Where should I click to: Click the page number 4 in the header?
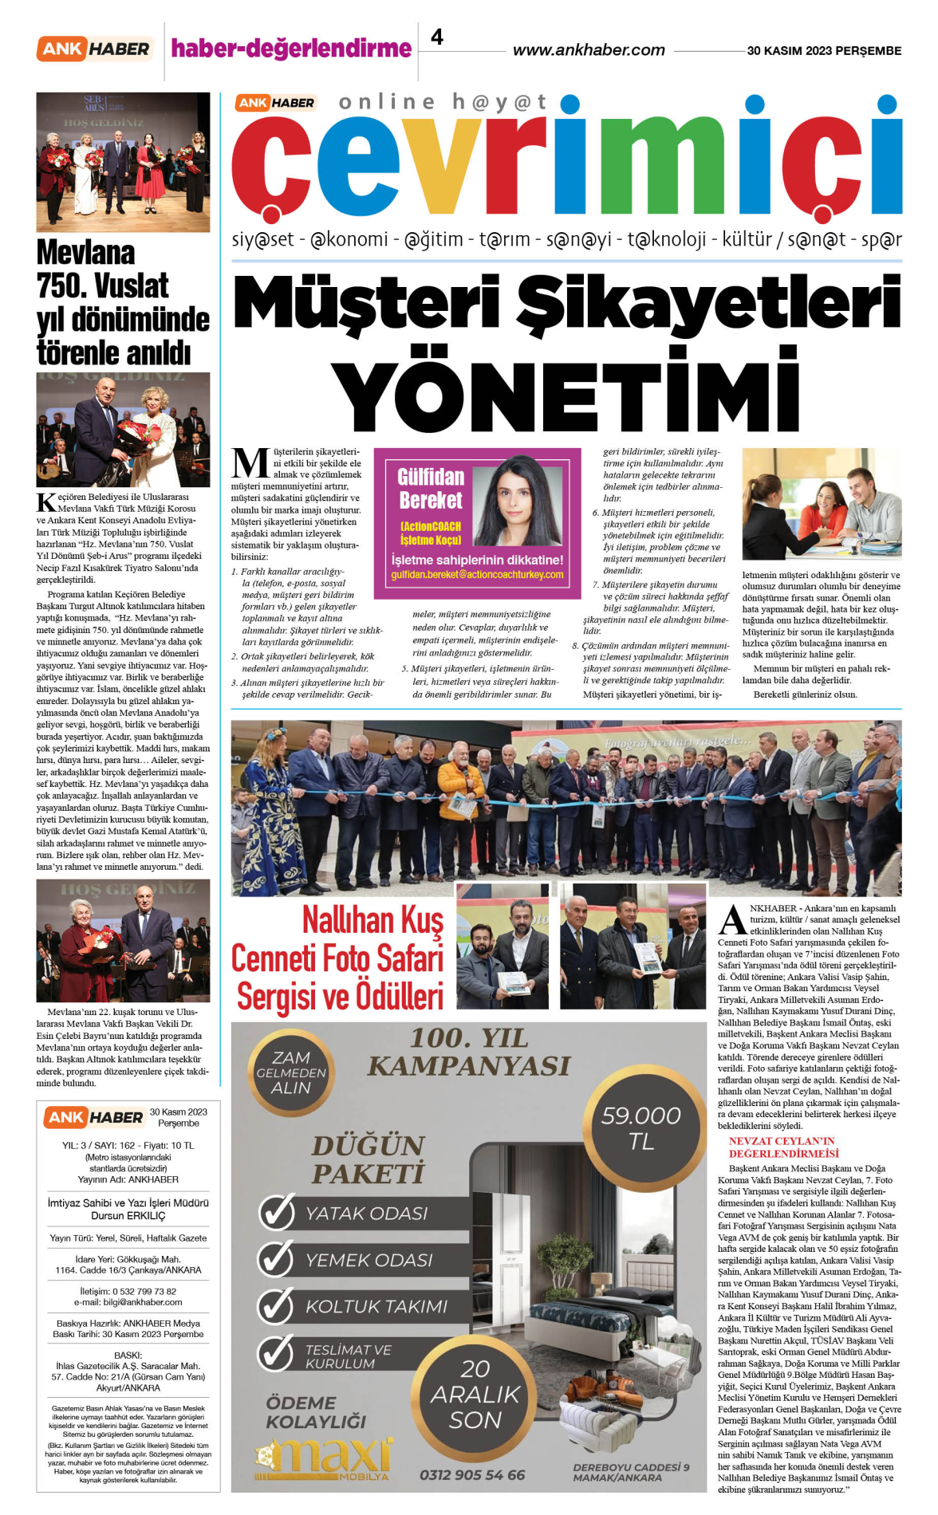coord(437,37)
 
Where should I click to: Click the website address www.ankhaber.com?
coord(589,50)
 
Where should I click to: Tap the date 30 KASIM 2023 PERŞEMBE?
coord(824,50)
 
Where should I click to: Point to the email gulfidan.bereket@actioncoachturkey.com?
coord(477,574)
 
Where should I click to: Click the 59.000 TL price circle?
coord(641,1127)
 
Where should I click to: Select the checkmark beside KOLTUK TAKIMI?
coord(277,1305)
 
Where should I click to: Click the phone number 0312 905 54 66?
coord(472,1474)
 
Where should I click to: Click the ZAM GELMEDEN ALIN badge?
coord(291,1072)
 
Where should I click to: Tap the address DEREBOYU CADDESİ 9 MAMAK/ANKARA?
coord(631,1472)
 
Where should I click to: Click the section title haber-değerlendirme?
coord(291,49)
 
